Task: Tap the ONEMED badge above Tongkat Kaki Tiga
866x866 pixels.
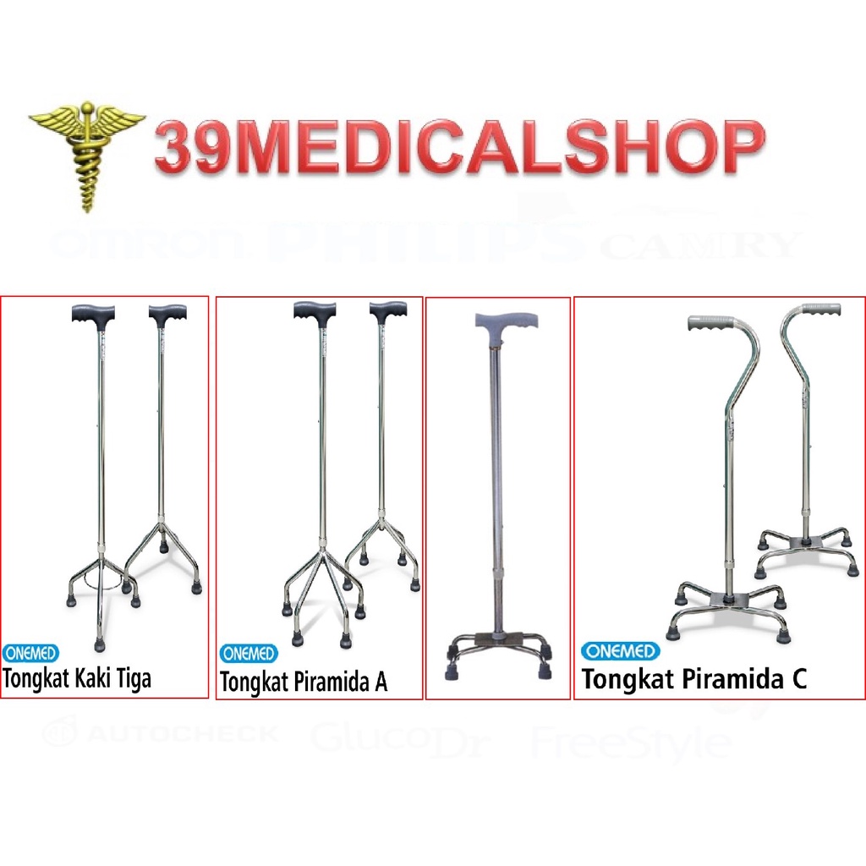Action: point(30,653)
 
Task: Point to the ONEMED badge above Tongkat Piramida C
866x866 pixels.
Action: point(620,651)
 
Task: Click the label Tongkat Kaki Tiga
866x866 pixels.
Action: point(77,678)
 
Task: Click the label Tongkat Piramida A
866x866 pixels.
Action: point(304,682)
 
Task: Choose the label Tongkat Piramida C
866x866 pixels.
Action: point(693,679)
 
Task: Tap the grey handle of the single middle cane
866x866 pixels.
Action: point(506,322)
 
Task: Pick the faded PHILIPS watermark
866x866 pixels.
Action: point(423,241)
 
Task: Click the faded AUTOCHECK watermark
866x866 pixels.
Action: point(161,732)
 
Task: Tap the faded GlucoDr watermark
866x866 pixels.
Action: point(406,736)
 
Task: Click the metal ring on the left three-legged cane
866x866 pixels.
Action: point(102,584)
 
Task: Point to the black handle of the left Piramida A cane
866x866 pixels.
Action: point(315,310)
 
